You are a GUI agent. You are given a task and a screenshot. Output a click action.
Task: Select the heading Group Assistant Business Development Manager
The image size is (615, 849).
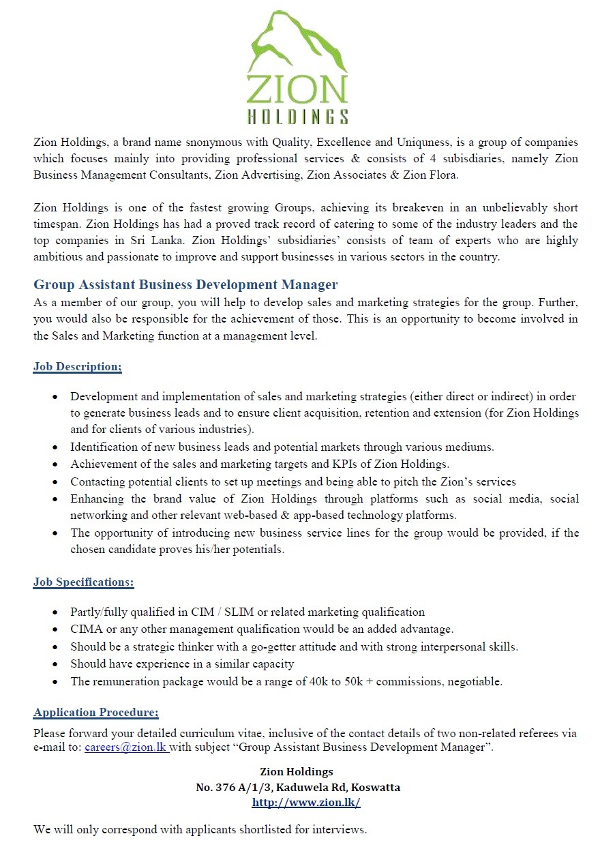pos(185,284)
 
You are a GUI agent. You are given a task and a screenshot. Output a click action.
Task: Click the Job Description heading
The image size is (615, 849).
pos(77,367)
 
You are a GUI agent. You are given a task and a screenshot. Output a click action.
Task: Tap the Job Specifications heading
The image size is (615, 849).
pos(83,582)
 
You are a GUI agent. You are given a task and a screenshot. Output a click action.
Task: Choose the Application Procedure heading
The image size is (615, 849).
pos(95,713)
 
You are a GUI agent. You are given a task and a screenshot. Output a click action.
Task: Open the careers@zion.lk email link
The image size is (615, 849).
pos(125,747)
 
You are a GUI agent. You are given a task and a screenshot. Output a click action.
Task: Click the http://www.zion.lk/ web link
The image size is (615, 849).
pos(305,803)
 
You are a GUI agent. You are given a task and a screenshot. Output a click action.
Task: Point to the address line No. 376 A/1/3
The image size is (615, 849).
pos(234,788)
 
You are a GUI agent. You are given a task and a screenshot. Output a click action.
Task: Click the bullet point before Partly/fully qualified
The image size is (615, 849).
pos(55,612)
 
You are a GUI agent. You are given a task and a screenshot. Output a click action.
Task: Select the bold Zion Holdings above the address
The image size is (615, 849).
pos(297,772)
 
